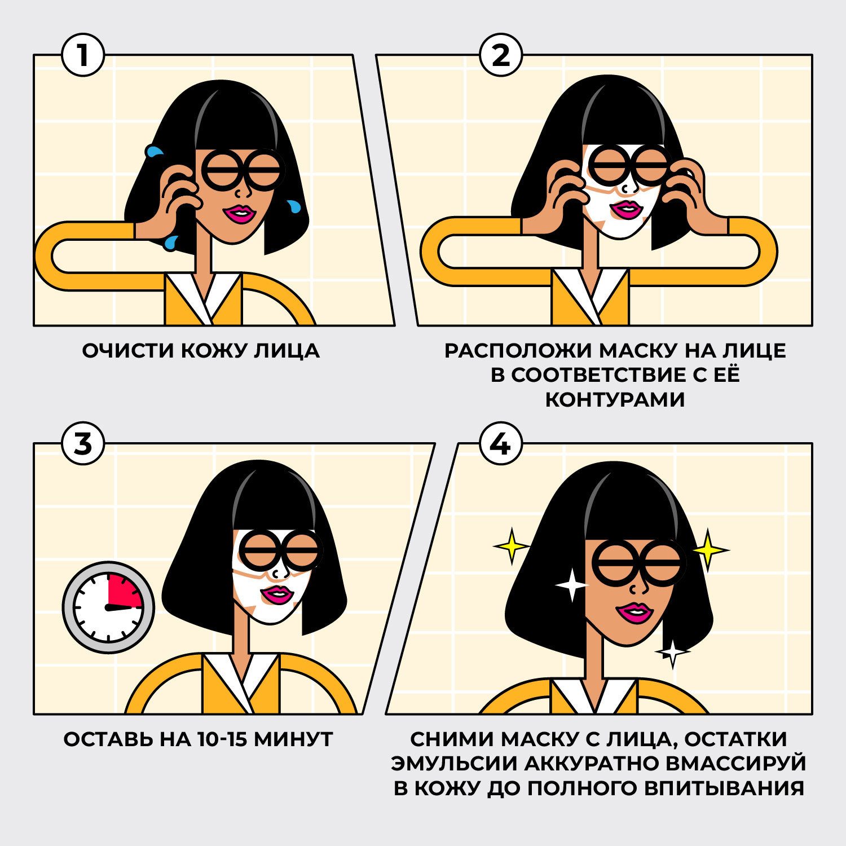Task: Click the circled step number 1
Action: (x=83, y=55)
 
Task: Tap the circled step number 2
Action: (x=501, y=55)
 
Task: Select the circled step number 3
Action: (x=83, y=444)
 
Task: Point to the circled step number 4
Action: (x=501, y=444)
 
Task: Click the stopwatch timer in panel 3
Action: (x=108, y=607)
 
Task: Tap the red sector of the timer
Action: (x=125, y=592)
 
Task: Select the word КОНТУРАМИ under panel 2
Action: (x=615, y=399)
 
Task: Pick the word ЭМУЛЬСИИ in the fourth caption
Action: (x=455, y=764)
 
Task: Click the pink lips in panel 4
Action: (x=633, y=612)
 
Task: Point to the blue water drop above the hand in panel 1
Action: (x=153, y=151)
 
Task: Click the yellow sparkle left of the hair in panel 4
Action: (x=512, y=546)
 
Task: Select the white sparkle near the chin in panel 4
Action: (x=672, y=652)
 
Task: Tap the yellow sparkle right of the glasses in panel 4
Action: (x=709, y=549)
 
